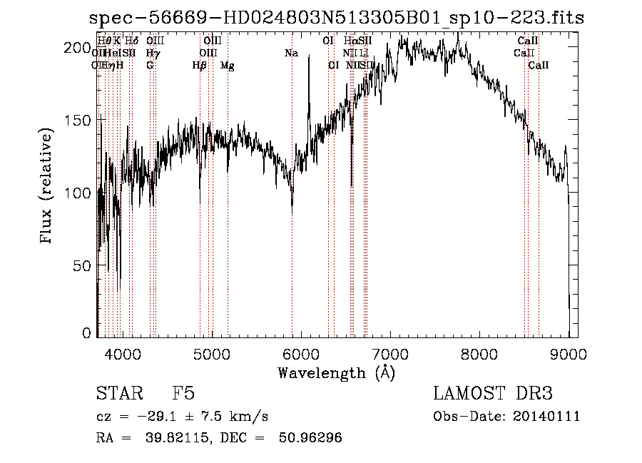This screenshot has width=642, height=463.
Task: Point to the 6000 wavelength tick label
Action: click(301, 352)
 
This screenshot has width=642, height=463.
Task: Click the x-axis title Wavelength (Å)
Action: click(336, 372)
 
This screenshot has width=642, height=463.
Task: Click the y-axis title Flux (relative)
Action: click(48, 187)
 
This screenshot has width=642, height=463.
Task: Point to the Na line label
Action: click(291, 53)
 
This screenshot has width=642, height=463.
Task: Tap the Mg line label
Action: click(228, 66)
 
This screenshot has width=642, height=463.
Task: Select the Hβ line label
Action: click(200, 66)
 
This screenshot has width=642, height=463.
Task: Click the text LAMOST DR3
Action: click(492, 394)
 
